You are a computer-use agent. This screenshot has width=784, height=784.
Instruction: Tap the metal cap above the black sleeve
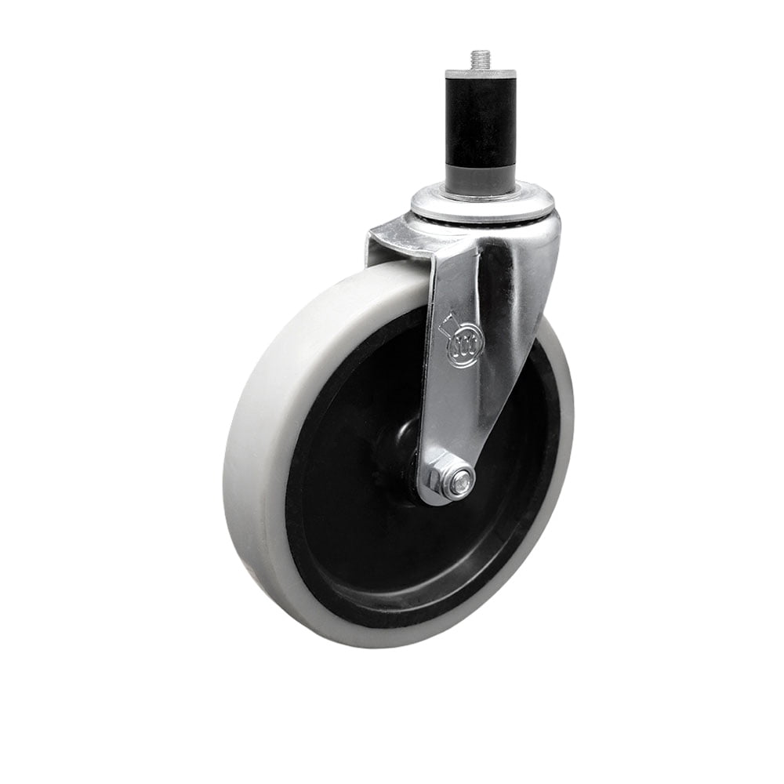[x=481, y=74]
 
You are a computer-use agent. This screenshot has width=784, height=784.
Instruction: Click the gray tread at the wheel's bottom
[x=376, y=631]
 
